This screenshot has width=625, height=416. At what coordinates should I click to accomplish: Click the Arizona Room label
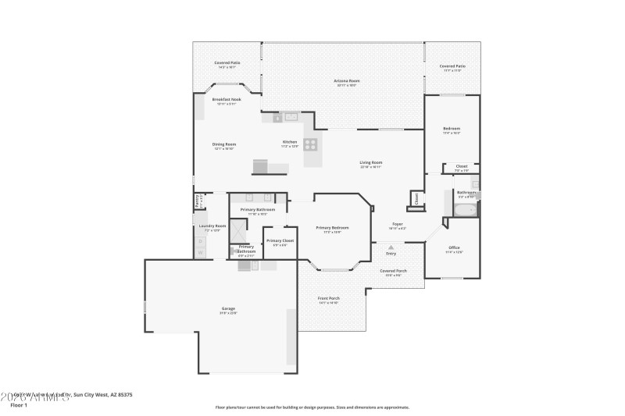coord(346,80)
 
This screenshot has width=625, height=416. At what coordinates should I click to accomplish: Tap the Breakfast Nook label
coord(227,99)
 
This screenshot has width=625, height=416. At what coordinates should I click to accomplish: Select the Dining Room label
coord(224,144)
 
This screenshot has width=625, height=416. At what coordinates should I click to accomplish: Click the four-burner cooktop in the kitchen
coord(311,144)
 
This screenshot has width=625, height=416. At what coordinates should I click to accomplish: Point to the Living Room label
coord(371,162)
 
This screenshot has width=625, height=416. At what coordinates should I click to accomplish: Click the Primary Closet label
coord(280,240)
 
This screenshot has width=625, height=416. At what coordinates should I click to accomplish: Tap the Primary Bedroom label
coord(332,227)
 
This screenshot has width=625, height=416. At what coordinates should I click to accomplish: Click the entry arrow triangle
coord(391,247)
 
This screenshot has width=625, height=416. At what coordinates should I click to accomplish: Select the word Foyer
coord(398,224)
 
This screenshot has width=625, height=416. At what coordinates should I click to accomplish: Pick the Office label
coord(454,247)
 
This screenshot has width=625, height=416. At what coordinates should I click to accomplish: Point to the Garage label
coord(228,309)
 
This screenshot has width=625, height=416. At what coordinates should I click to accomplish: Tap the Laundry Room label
coord(212,226)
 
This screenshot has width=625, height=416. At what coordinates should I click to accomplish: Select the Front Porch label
coord(328,298)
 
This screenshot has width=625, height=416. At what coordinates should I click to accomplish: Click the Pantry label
coord(196,201)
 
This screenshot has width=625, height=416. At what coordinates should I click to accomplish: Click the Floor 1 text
coord(19,405)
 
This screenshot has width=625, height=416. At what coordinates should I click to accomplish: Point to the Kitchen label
coord(290,142)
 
